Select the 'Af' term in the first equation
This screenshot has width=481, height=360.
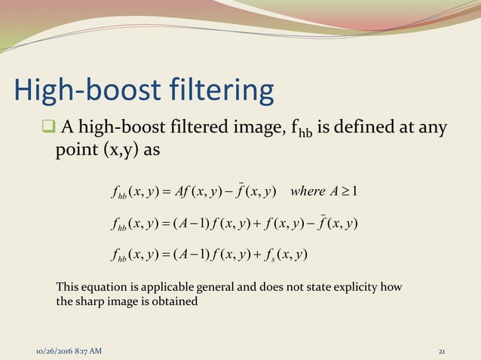coord(186,188)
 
